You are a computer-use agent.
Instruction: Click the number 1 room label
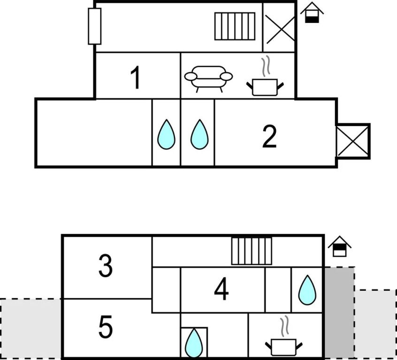pos(136,77)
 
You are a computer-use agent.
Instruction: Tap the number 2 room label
pos(269,137)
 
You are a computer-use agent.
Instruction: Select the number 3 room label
pos(105,266)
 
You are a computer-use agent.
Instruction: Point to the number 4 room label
pos(221,289)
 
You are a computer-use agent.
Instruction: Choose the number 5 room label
pos(105,327)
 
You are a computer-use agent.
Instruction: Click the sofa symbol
pos(208,79)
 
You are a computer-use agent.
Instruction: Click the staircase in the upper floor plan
pos(235,26)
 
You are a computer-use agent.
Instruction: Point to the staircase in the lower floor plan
pos(252,251)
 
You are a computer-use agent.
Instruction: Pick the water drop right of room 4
pos(307,290)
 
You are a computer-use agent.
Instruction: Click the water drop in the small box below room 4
pos(194,343)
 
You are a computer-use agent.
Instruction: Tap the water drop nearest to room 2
pos(199,135)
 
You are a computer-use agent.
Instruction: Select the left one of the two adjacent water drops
pos(166,135)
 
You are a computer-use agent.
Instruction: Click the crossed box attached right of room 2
pos(353,141)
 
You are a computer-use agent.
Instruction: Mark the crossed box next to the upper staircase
pos(280,28)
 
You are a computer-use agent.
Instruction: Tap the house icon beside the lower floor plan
pos(340,247)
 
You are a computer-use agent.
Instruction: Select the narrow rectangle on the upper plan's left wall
pos(95,26)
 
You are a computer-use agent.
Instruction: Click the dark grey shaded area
pos(339,313)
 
